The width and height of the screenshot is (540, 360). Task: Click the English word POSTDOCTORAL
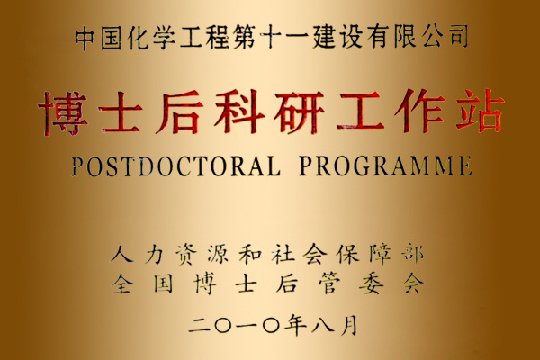(x=175, y=166)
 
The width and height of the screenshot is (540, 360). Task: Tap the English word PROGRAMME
(x=385, y=166)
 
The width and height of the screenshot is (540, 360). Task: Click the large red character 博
(x=63, y=113)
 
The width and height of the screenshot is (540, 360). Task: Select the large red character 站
(x=481, y=111)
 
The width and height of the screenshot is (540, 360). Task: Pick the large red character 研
(x=299, y=112)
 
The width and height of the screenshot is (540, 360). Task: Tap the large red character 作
(x=420, y=111)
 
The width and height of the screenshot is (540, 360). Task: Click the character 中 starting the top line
(x=85, y=38)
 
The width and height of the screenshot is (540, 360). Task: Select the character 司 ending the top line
(x=458, y=36)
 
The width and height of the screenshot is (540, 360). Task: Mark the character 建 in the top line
(x=324, y=36)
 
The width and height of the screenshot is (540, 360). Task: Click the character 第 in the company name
(x=244, y=37)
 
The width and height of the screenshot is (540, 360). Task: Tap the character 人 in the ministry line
(x=121, y=255)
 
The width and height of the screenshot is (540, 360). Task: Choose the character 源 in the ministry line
(x=218, y=254)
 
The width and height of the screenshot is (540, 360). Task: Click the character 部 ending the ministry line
(x=412, y=254)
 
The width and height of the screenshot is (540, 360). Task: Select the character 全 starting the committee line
(x=122, y=283)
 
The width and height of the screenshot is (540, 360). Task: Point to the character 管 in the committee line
(x=329, y=283)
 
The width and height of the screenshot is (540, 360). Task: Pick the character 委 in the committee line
(x=371, y=283)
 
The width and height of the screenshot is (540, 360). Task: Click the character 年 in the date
(x=295, y=325)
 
